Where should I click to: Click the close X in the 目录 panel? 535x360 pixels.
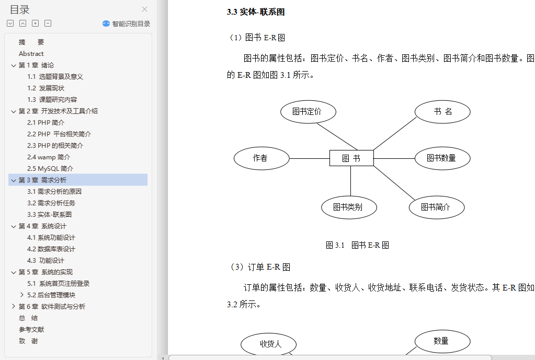tap(145, 9)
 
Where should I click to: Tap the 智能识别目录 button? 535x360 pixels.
tap(126, 24)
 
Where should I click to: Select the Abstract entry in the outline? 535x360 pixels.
tap(31, 53)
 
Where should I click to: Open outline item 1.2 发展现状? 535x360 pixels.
tap(45, 88)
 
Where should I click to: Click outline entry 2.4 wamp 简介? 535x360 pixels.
tap(49, 157)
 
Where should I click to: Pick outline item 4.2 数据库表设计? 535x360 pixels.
tap(51, 249)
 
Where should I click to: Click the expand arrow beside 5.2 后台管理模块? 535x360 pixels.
tap(22, 295)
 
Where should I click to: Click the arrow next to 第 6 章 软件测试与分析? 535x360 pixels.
tap(13, 307)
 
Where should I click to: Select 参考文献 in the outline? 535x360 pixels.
tap(31, 330)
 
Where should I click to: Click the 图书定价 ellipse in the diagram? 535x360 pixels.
tap(308, 112)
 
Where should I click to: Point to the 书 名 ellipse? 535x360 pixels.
tap(442, 112)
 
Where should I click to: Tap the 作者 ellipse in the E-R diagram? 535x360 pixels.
tap(261, 158)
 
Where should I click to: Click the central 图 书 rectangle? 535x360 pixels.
tap(351, 158)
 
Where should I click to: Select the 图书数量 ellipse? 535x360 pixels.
tap(442, 158)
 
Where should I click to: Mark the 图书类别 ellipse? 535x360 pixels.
tap(349, 207)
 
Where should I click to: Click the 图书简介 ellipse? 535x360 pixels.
tap(437, 207)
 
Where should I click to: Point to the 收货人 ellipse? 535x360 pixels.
tap(268, 344)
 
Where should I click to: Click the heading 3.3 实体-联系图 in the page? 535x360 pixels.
tap(256, 12)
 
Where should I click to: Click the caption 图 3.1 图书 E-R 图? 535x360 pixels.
tap(357, 245)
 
